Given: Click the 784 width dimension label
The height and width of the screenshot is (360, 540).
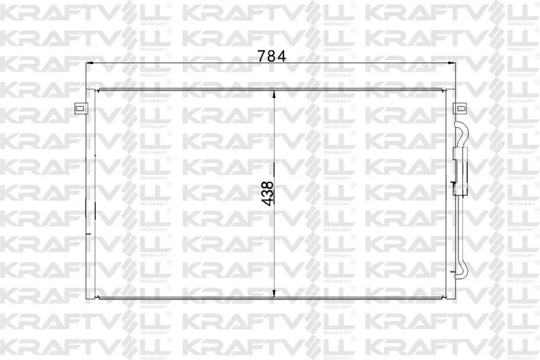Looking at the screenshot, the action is point(272,56).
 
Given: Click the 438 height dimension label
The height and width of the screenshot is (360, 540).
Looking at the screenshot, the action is point(268,194).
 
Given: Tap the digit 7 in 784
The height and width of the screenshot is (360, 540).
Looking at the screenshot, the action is point(262,56).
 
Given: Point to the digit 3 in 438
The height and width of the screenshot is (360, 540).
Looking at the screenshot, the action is point(268,194).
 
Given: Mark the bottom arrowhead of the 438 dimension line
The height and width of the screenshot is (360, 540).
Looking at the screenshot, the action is point(274,293).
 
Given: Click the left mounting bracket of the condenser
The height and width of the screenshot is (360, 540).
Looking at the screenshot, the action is point(80,108).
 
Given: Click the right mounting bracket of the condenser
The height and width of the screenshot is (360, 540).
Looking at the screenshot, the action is point(460,109).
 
